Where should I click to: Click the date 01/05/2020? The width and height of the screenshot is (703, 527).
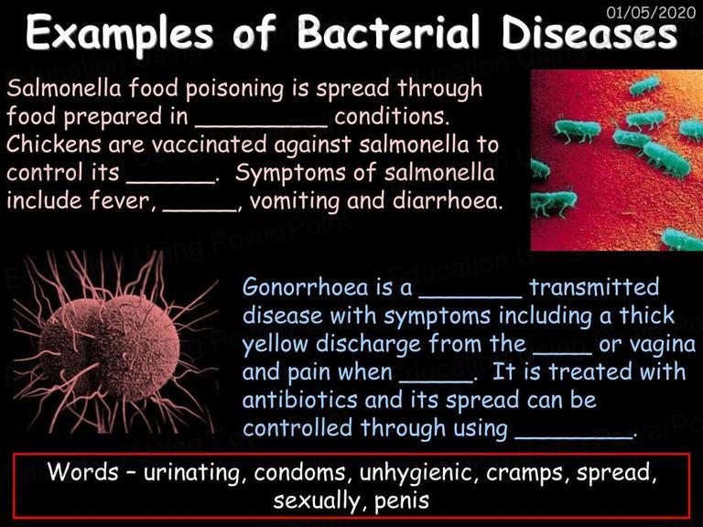651,12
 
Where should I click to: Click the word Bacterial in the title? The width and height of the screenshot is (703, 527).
388,32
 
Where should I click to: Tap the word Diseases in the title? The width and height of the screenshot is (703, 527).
589,32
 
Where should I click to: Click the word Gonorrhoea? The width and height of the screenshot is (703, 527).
306,286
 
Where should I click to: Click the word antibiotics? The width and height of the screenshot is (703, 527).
299,399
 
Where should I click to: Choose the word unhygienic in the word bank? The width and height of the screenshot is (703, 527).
416,473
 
